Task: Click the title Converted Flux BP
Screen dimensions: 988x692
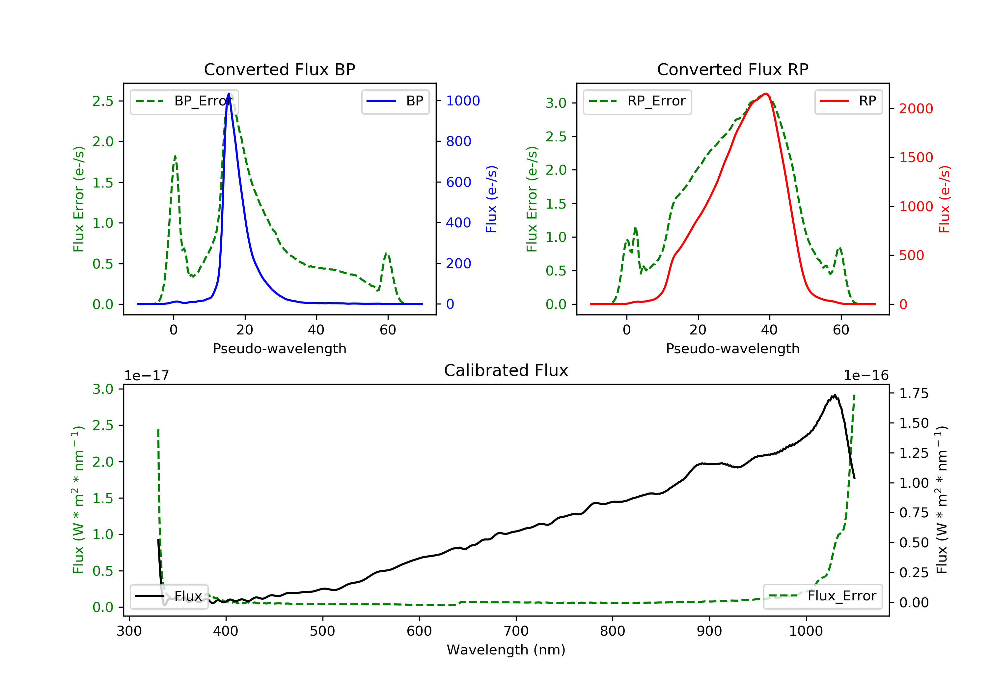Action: point(279,69)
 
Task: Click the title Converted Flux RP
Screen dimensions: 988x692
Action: point(732,69)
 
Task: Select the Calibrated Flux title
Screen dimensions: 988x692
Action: point(506,370)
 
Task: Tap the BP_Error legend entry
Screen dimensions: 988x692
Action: point(184,101)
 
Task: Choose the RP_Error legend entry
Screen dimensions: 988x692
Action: point(637,101)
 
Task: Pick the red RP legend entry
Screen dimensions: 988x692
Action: point(848,101)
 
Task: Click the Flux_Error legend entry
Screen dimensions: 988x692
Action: point(822,596)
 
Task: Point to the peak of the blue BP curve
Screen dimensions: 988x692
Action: point(229,94)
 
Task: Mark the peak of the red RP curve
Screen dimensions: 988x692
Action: point(765,94)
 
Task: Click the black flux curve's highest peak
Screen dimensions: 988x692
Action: point(835,395)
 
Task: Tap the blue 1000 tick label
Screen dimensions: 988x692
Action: point(463,101)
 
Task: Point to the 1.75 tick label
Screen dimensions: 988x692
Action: point(914,393)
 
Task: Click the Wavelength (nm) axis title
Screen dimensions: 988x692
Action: point(506,650)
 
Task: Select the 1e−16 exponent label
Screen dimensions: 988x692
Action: point(866,376)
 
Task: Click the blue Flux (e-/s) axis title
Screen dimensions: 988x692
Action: point(491,199)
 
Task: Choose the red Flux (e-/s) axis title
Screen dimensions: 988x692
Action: point(944,199)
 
